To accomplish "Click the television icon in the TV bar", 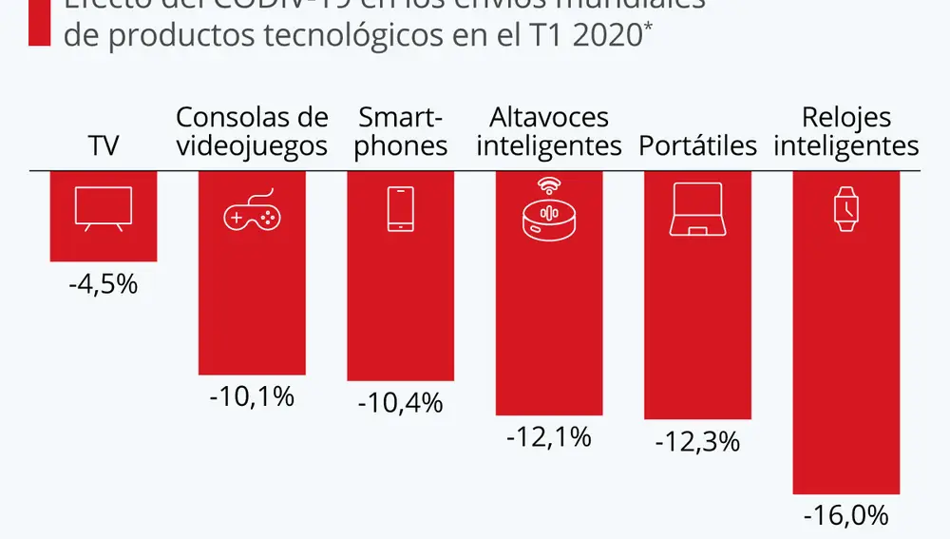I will tap(104, 209).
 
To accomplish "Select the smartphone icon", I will tap(400, 209).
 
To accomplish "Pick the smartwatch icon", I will tap(845, 209).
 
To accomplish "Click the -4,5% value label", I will tap(104, 283).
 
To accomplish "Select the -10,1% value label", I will tap(252, 396).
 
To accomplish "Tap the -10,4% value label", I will tap(400, 402).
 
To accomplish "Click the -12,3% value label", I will tap(697, 442).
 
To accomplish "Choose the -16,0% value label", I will tap(845, 516).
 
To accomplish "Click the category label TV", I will tap(104, 146).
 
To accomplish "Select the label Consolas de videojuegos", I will tap(252, 132).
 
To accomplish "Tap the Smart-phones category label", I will tap(400, 132).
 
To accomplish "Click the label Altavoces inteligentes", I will tap(549, 132).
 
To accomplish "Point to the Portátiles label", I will tap(697, 146).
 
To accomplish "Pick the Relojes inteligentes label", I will tap(845, 132).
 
